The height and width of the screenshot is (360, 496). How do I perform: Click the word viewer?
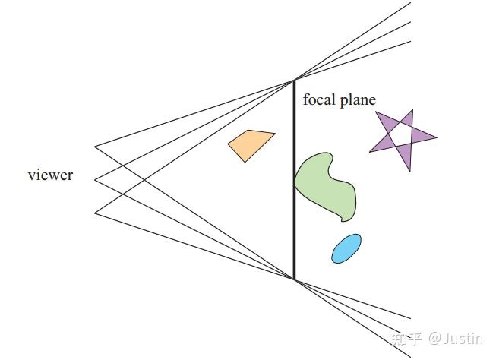pyautogui.click(x=50, y=175)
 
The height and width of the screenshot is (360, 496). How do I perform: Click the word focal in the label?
pyautogui.click(x=318, y=99)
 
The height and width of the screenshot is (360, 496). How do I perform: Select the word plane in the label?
pyautogui.click(x=356, y=99)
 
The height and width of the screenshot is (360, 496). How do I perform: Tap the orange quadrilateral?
pyautogui.click(x=251, y=144)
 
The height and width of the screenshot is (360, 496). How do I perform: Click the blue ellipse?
pyautogui.click(x=346, y=248)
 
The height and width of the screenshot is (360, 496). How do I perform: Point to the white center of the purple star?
pyautogui.click(x=401, y=137)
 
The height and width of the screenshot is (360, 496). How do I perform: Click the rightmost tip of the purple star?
pyautogui.click(x=437, y=138)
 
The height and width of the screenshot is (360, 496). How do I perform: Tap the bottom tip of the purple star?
pyautogui.click(x=409, y=170)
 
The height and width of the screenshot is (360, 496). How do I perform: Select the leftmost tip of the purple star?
pyautogui.click(x=370, y=151)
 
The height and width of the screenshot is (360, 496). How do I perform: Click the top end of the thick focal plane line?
pyautogui.click(x=294, y=80)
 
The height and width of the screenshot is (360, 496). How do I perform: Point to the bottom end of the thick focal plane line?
pyautogui.click(x=294, y=279)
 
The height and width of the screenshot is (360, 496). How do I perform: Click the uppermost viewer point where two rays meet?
pyautogui.click(x=95, y=145)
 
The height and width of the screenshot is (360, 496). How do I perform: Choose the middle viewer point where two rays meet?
pyautogui.click(x=95, y=179)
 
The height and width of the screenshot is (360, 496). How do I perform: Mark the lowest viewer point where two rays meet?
pyautogui.click(x=95, y=213)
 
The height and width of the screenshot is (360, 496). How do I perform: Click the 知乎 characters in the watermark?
pyautogui.click(x=404, y=339)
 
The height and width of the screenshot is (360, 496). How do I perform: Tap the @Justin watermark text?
pyautogui.click(x=455, y=339)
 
